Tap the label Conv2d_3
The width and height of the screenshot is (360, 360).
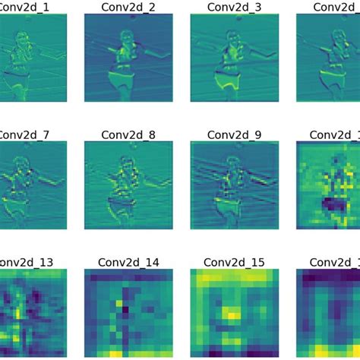[x=226, y=7]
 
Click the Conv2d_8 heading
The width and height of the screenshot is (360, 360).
[x=120, y=134]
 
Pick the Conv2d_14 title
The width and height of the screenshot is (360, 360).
[x=120, y=261]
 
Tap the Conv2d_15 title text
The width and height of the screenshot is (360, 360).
[x=226, y=261]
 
